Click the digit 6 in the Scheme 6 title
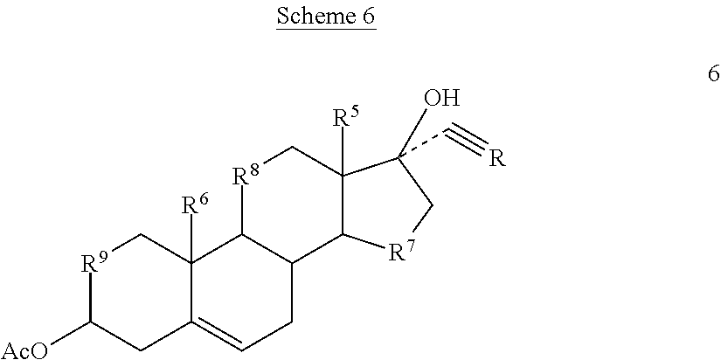[x=369, y=16]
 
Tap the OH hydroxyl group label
[x=441, y=98]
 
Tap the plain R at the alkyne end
[x=496, y=159]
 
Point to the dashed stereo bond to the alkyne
[x=420, y=146]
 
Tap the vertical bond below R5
[x=343, y=151]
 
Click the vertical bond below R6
[x=191, y=239]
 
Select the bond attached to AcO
[x=70, y=332]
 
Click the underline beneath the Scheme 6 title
[x=326, y=29]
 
